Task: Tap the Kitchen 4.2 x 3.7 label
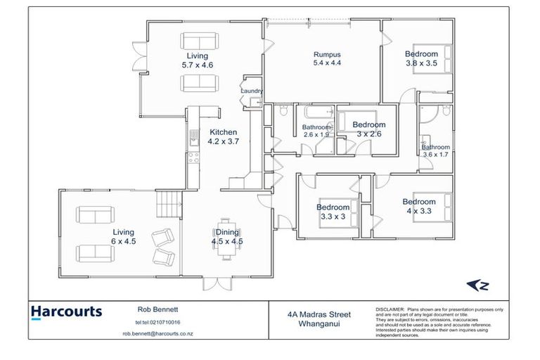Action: [222, 136]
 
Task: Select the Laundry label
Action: [251, 91]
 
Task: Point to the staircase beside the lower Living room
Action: [168, 205]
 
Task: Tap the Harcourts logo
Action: [67, 311]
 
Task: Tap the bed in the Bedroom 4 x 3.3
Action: [427, 207]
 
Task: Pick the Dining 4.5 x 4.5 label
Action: [226, 237]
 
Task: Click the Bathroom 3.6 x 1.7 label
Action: [435, 150]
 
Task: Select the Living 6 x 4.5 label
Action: [123, 236]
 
